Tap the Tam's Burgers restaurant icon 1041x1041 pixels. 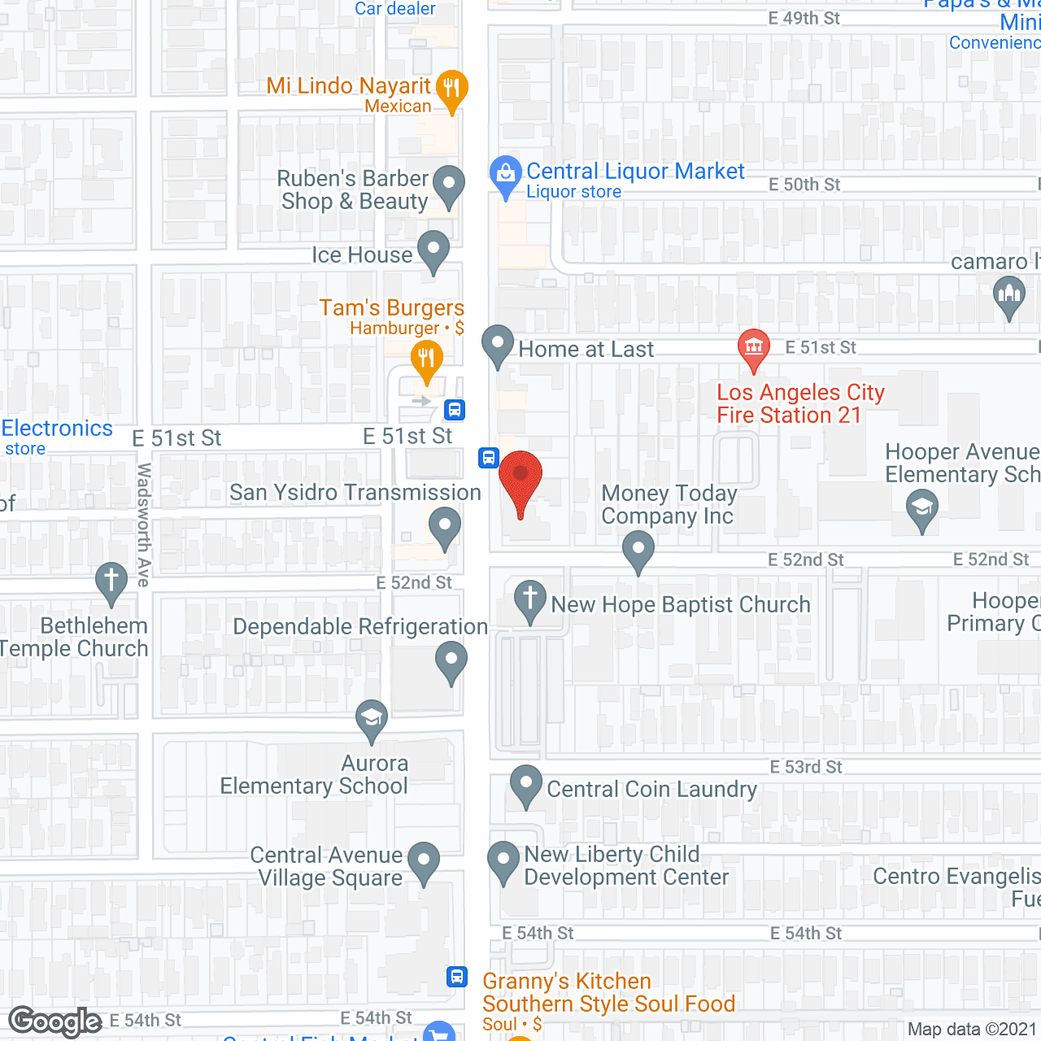click(x=426, y=359)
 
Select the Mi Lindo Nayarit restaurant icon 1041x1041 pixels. click(x=451, y=89)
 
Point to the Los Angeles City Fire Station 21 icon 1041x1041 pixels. click(x=754, y=347)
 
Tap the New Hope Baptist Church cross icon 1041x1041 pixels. click(x=530, y=599)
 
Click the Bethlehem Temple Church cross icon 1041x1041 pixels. click(x=111, y=581)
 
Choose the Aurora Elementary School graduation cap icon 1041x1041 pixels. click(x=372, y=718)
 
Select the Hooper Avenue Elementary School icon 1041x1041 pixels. click(x=922, y=508)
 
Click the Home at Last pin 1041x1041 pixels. click(x=498, y=345)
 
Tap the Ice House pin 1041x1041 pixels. click(x=433, y=250)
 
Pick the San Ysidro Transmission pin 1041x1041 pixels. click(x=445, y=526)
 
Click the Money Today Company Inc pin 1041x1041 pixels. click(x=638, y=549)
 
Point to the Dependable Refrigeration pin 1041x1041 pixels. click(x=451, y=660)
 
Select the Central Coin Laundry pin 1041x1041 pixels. click(x=526, y=785)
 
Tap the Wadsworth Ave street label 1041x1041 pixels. click(x=144, y=525)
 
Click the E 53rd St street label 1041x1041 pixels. click(x=806, y=767)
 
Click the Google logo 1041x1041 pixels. click(x=55, y=1021)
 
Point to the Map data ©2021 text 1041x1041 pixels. click(x=972, y=1029)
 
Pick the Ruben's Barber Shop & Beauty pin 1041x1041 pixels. click(x=448, y=185)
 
